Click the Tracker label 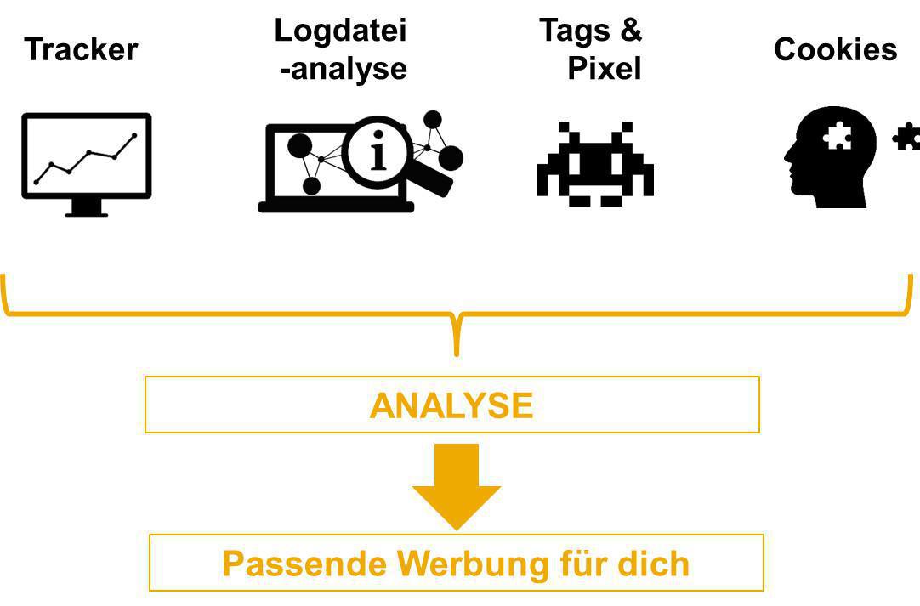(81, 49)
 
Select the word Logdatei (340, 31)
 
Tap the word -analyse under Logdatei (344, 68)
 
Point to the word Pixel (604, 68)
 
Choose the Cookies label (835, 49)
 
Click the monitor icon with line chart (86, 157)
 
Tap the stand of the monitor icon (86, 207)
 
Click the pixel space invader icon (595, 164)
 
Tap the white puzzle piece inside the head (838, 136)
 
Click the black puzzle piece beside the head (906, 136)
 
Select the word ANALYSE (451, 405)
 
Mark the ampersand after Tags (630, 31)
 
